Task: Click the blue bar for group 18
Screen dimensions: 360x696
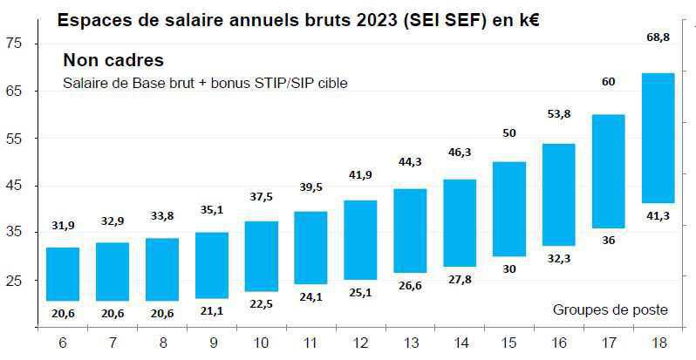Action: [658, 138]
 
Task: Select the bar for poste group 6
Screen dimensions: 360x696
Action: [62, 274]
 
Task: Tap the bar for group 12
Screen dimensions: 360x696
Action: [360, 240]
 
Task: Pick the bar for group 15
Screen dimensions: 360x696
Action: [509, 209]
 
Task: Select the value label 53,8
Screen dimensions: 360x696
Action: [558, 113]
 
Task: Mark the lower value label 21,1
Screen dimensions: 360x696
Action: [211, 312]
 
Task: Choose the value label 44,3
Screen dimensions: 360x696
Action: [410, 162]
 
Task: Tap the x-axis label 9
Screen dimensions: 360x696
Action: [211, 344]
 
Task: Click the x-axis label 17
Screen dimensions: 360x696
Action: [608, 344]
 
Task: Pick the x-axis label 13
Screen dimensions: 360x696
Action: [410, 344]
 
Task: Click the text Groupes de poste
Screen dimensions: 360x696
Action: [611, 309]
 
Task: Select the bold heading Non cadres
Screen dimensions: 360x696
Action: [113, 61]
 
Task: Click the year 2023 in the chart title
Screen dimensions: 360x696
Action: [373, 20]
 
